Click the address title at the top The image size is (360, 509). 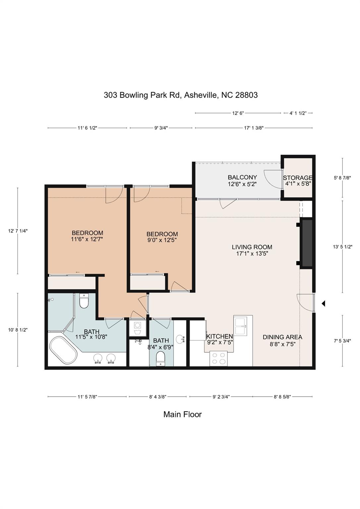(x=181, y=95)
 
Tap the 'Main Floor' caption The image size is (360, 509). (x=182, y=414)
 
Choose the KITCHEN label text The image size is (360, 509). (x=219, y=337)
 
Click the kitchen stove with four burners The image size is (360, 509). (x=218, y=358)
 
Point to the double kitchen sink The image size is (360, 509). (x=243, y=326)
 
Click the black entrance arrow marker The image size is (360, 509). (x=323, y=303)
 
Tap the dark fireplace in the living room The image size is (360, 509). (x=307, y=243)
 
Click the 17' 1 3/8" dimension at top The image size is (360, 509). (x=254, y=128)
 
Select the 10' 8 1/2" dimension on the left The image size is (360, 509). (x=18, y=330)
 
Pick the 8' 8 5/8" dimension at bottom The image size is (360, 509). (x=282, y=396)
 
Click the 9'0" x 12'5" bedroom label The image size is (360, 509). (x=162, y=237)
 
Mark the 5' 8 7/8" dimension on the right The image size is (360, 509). (x=342, y=178)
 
